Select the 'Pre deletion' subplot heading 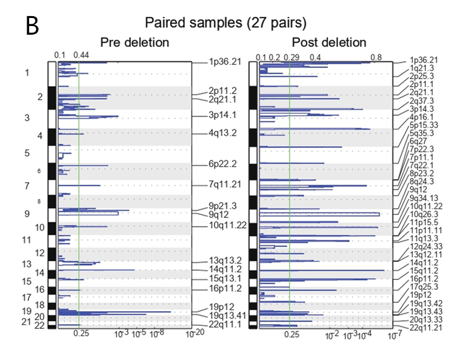point(135,43)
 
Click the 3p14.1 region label point(224,115)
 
